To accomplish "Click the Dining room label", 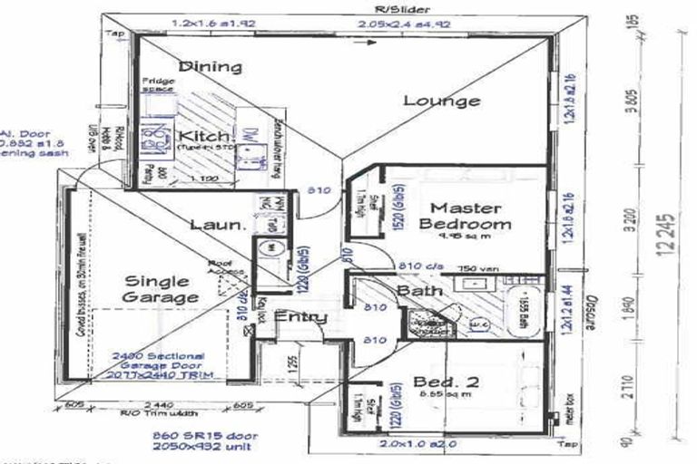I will click(x=210, y=66).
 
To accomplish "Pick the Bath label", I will click(x=418, y=291).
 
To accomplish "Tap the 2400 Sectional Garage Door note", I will click(x=160, y=363).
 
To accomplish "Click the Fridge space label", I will click(x=159, y=85).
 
